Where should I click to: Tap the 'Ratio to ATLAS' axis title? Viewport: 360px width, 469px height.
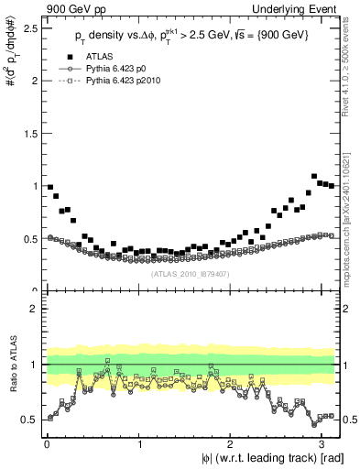[13, 365]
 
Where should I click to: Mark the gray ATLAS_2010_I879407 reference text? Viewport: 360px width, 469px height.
[190, 273]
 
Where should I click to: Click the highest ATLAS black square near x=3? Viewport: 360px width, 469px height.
[314, 176]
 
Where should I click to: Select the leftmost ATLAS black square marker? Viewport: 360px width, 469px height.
[50, 187]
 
